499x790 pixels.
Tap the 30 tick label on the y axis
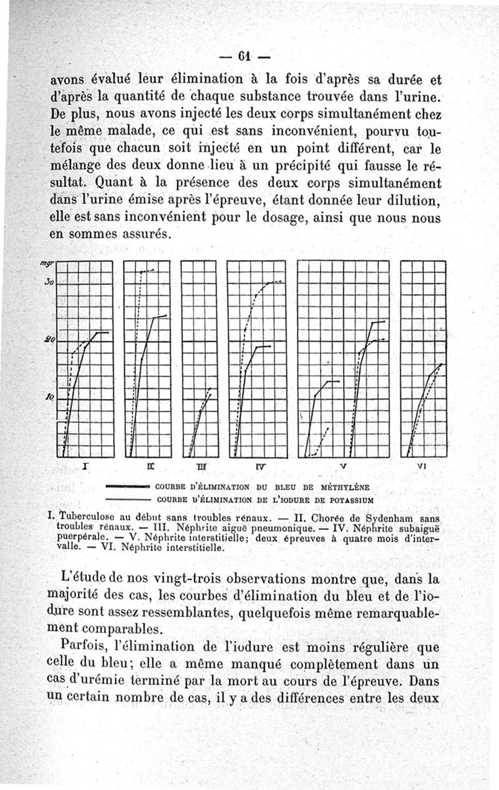[x=50, y=282]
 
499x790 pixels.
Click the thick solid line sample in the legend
[x=128, y=486]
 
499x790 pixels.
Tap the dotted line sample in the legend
[x=128, y=499]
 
